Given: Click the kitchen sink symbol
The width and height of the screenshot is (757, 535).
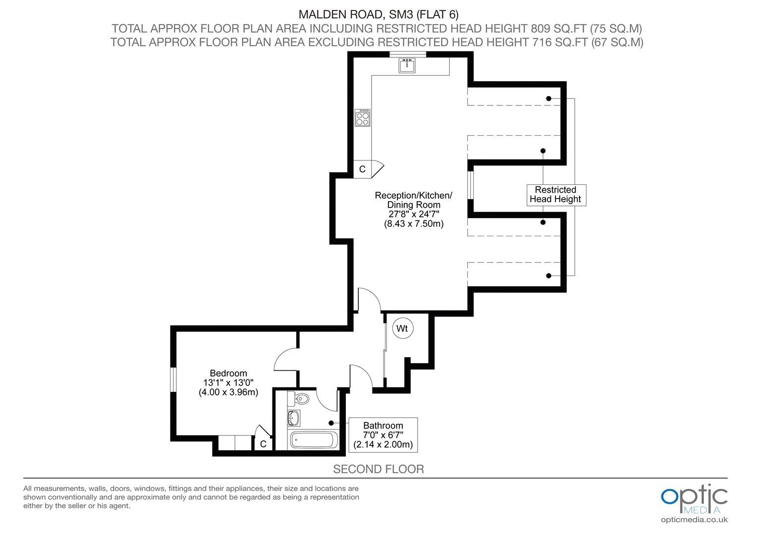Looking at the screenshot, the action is tap(407, 65).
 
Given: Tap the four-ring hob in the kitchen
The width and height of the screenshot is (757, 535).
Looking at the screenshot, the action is tap(362, 117).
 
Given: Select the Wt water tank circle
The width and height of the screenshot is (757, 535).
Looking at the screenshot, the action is tap(402, 328).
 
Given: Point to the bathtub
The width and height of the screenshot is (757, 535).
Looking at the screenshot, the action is tap(314, 440).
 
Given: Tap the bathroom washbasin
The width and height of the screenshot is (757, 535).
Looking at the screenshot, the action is tap(293, 418).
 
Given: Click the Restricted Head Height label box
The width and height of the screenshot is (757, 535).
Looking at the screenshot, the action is tap(556, 195).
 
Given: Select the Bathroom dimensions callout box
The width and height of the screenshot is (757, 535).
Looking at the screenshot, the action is tap(383, 435).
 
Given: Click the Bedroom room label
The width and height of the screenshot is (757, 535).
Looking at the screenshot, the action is tap(228, 373).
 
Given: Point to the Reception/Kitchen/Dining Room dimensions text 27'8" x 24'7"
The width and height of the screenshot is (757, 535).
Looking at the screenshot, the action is tap(414, 214).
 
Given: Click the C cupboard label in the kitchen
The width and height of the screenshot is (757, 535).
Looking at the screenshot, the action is tap(362, 169).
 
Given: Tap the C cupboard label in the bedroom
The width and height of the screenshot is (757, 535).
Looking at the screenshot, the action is tap(263, 444).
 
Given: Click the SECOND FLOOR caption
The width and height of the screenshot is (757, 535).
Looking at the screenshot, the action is tap(378, 469).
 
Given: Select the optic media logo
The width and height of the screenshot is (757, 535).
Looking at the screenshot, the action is tap(694, 500).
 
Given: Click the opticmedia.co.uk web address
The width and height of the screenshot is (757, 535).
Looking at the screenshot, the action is tap(694, 520).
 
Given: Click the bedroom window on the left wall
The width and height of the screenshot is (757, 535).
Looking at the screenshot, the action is tap(173, 379).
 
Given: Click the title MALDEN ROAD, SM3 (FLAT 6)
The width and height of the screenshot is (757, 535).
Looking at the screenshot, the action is tap(378, 14).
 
